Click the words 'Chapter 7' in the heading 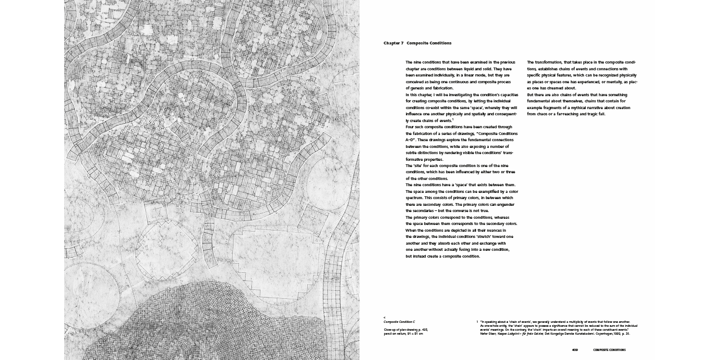pos(394,43)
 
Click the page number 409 pos(575,350)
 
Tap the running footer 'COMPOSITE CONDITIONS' pos(609,350)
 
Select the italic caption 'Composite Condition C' pos(399,322)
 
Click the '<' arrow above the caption pos(385,317)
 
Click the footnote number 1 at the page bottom pos(477,322)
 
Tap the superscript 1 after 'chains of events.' pos(453,119)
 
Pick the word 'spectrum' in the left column pos(415,198)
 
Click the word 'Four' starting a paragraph pos(410,127)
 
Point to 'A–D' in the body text pos(410,140)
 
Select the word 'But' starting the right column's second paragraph pos(531,94)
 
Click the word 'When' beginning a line pos(411,230)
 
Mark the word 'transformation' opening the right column pos(550,62)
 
